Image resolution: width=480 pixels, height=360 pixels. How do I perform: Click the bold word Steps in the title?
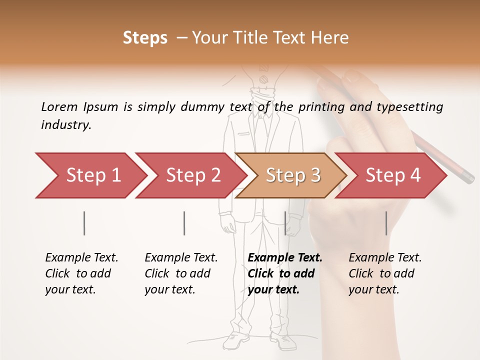point(145,38)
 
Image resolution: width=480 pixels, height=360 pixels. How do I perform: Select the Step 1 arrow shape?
point(90,175)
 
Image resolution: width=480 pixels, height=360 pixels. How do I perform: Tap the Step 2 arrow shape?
point(190,175)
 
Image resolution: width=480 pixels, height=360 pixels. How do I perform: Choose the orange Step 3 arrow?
point(290,175)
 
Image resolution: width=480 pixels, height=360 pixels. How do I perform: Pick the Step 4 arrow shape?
point(390,175)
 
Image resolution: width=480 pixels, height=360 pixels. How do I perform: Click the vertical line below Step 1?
point(84,223)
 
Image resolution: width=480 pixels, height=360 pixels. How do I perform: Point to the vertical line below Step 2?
point(184,223)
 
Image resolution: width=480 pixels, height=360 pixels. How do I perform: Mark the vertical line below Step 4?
point(386,223)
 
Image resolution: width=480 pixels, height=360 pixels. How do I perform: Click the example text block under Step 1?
point(81,273)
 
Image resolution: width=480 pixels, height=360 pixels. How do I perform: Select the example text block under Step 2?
point(181,273)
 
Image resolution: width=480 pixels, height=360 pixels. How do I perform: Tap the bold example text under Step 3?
point(284,273)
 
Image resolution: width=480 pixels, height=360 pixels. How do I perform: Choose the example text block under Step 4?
point(385,273)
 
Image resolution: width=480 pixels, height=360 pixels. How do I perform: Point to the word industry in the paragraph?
point(65,125)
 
